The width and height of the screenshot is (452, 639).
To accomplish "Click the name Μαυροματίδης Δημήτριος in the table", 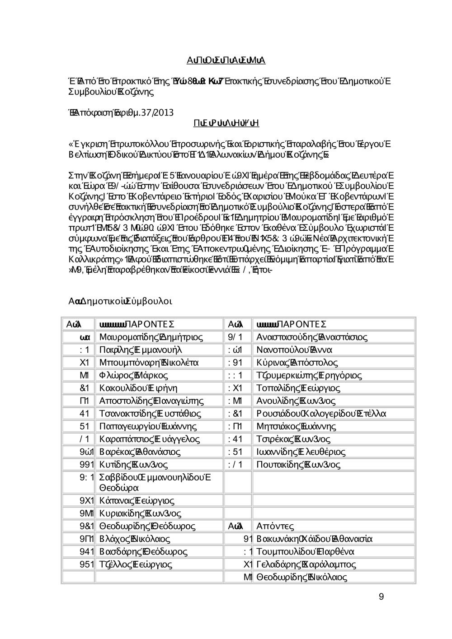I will [x=151, y=337].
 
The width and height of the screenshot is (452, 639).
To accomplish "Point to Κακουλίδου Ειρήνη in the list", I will [x=138, y=388].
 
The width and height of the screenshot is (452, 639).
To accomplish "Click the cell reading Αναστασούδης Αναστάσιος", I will [x=312, y=337].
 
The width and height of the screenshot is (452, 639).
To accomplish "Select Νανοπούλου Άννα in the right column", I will [x=294, y=350].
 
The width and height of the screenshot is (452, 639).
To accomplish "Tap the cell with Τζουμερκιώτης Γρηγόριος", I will [x=309, y=375].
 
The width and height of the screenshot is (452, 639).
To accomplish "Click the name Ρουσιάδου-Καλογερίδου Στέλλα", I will [x=321, y=414].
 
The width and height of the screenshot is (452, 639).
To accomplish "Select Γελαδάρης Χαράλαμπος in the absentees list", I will [x=306, y=564].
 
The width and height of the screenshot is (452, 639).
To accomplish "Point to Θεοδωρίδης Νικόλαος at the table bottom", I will [x=301, y=577].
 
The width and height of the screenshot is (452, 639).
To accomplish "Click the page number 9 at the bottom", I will [x=381, y=597].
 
